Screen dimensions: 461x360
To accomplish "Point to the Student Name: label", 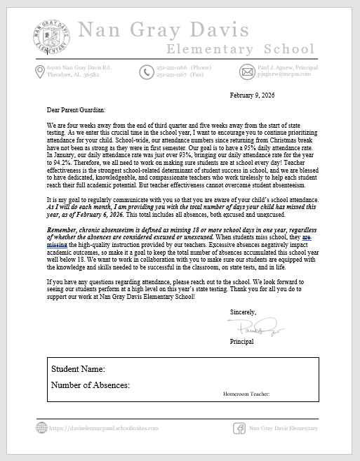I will (78, 369).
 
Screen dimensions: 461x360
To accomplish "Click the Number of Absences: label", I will (91, 386).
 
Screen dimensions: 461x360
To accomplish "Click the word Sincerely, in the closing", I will (243, 312).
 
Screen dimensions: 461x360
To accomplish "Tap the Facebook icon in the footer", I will (238, 427).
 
